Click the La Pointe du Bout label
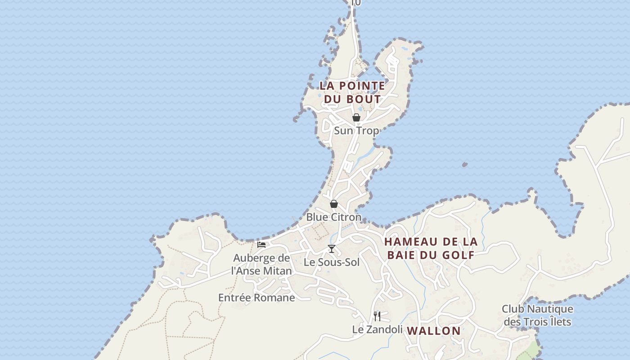[x=352, y=92]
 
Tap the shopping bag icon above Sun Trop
[x=356, y=117]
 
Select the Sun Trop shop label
[x=356, y=131]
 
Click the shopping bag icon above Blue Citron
[x=334, y=204]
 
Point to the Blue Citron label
[x=334, y=217]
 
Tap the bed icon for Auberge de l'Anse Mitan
[x=261, y=245]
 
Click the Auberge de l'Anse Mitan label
[x=261, y=265]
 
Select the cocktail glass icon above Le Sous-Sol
[x=332, y=249]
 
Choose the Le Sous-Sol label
[x=332, y=262]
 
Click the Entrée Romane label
[x=256, y=297]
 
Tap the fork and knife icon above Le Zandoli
[x=377, y=316]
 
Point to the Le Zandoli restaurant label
[x=377, y=329]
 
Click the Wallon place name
[x=434, y=331]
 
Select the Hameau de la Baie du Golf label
[x=431, y=248]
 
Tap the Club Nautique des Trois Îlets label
[x=537, y=315]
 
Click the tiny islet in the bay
[x=464, y=165]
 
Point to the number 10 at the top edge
[x=355, y=3]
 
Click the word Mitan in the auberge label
[x=277, y=271]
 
